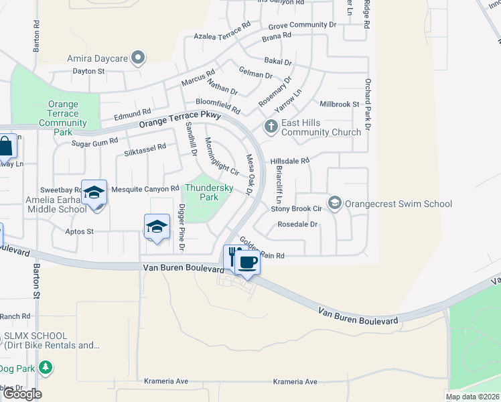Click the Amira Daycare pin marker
[x=138, y=58]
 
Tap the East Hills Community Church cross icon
[x=271, y=126]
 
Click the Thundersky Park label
[x=210, y=193]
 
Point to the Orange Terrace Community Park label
[x=64, y=118]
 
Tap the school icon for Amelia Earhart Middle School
[x=94, y=193]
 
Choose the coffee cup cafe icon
[x=247, y=262]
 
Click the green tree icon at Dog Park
[x=45, y=367]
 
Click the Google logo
[x=22, y=393]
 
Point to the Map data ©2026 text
[x=473, y=397]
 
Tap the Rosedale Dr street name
[x=297, y=224]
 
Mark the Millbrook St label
[x=340, y=105]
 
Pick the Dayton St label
[x=89, y=70]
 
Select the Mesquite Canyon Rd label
[x=145, y=189]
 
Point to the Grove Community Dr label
[x=302, y=25]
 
